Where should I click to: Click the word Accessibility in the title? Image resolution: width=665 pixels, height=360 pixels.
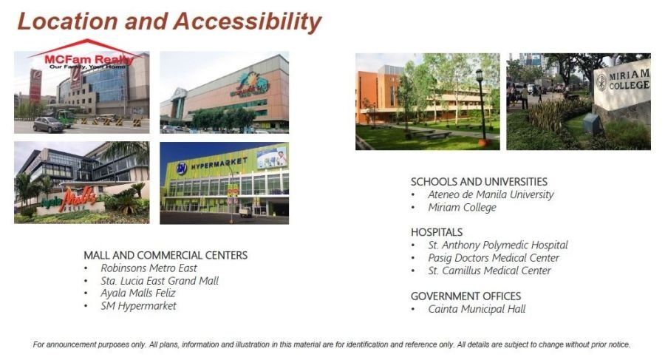[x=248, y=21]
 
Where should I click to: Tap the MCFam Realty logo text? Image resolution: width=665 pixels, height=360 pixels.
[x=89, y=59]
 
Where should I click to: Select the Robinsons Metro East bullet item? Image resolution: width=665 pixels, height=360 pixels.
[x=149, y=268]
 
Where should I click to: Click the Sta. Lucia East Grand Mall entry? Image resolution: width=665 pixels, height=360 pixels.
[x=160, y=281]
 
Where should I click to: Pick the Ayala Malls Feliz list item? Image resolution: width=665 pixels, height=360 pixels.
[x=138, y=293]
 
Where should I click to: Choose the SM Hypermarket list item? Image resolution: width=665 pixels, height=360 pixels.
[x=138, y=306]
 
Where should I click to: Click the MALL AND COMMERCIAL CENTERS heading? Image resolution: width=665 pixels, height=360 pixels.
[x=166, y=255]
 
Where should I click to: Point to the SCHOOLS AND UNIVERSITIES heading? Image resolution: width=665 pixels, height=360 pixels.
[x=479, y=182]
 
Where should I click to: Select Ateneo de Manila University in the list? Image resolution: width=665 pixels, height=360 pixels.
[x=491, y=195]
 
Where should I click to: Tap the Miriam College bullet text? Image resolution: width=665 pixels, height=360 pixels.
[x=462, y=208]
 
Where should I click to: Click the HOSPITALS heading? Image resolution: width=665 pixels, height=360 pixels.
[x=437, y=232]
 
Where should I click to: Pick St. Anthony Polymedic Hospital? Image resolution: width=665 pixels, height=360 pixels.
[x=498, y=245]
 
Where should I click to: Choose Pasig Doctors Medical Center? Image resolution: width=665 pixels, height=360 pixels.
[x=494, y=258]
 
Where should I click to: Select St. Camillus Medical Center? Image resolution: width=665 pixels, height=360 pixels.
[x=489, y=271]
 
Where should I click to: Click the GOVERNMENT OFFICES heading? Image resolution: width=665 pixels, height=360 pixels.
[x=465, y=296]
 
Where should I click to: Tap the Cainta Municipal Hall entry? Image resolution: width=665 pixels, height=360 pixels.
[x=477, y=309]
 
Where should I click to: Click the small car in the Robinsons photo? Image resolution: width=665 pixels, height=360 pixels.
[x=48, y=125]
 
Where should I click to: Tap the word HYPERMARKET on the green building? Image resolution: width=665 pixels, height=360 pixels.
[x=219, y=163]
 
